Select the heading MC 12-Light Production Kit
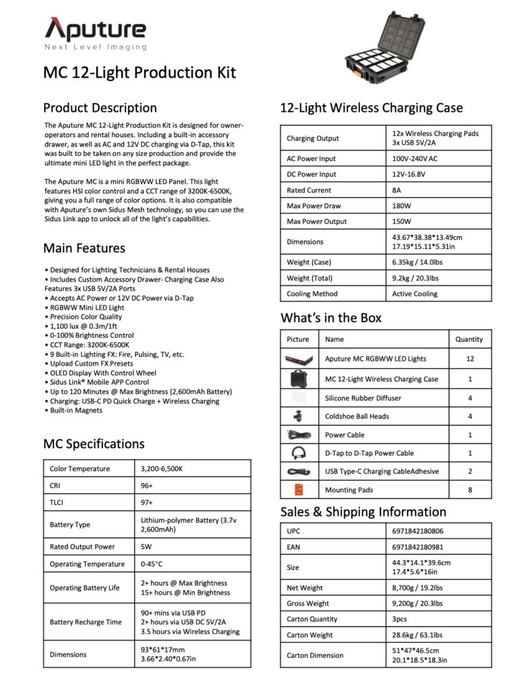tap(139, 73)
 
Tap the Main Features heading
tap(84, 248)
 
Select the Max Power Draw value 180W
tap(402, 206)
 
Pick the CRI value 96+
tap(147, 486)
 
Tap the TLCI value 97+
tap(147, 503)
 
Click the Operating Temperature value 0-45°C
tap(152, 564)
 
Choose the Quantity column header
tap(469, 339)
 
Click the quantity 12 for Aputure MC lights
tap(469, 359)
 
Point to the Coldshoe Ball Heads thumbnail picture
tap(298, 416)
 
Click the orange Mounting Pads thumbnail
tap(298, 490)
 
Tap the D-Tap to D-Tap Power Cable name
tap(369, 453)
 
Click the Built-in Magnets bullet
tap(77, 410)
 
